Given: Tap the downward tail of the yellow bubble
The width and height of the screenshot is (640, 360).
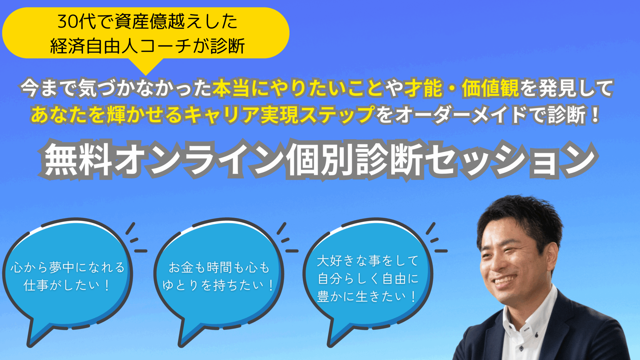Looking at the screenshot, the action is point(146,66).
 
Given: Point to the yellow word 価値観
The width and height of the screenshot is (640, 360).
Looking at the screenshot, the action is point(491,89).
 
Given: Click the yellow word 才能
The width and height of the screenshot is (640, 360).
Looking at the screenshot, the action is point(424,89).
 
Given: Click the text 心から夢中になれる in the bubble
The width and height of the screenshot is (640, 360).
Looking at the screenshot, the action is point(68,267).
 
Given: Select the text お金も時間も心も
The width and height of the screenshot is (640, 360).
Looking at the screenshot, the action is point(219,267).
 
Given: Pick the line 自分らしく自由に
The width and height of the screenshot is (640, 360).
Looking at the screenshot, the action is point(368,279).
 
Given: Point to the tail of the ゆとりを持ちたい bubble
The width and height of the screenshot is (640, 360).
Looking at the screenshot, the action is point(190,333).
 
